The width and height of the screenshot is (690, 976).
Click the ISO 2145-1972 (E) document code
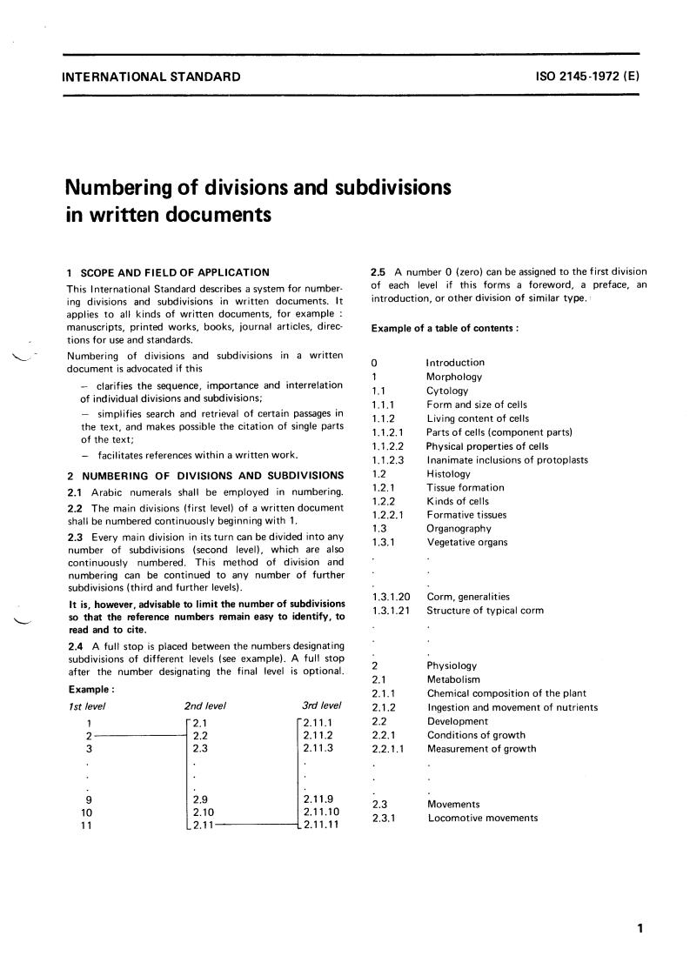588,77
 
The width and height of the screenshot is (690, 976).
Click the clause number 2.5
379,271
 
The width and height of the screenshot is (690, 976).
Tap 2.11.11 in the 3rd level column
322,825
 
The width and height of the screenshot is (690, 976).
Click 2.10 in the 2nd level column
203,812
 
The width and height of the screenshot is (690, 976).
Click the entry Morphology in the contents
453,377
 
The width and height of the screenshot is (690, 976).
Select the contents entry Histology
448,473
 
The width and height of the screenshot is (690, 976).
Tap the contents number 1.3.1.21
391,610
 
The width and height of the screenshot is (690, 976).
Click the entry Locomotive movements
483,818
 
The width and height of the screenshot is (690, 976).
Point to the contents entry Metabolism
453,679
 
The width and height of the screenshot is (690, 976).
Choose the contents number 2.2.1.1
387,749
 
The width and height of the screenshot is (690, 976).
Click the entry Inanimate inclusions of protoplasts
507,459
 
